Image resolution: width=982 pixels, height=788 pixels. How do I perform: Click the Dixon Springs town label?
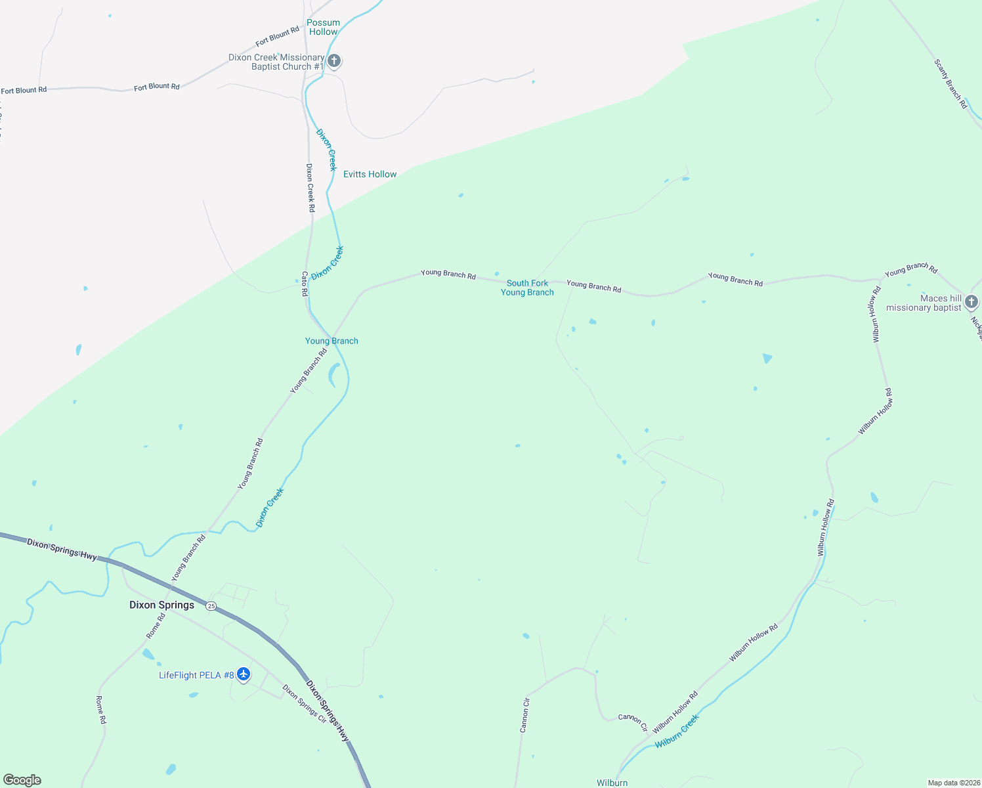click(161, 605)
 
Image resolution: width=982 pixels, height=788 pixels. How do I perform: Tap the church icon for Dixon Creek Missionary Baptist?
click(334, 62)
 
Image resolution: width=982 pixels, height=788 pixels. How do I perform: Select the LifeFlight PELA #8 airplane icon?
click(244, 674)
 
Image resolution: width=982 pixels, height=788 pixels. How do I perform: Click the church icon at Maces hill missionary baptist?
click(971, 302)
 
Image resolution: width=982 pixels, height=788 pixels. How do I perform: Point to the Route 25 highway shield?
click(211, 605)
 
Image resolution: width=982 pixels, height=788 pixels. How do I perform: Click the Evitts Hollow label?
click(370, 174)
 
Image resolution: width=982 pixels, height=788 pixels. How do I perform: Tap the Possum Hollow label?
click(323, 27)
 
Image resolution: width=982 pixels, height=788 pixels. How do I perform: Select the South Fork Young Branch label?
click(527, 288)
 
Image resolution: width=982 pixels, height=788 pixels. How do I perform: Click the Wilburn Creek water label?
click(677, 731)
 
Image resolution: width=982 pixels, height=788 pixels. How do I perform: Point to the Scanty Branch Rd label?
click(950, 83)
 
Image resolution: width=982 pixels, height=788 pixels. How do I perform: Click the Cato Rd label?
click(305, 284)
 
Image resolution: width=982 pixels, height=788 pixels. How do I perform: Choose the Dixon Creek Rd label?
click(310, 188)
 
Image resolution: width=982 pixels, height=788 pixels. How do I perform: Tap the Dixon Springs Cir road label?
click(304, 703)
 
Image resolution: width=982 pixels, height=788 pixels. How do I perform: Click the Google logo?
click(22, 780)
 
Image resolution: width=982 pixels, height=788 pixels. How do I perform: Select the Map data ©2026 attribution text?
click(953, 783)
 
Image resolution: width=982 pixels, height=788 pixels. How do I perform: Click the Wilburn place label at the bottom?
click(612, 783)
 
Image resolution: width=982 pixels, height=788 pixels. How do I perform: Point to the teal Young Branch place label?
click(331, 341)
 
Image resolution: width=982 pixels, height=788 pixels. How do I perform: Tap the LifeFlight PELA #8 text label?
click(196, 675)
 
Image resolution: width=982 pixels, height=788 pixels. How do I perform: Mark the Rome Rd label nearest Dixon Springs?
click(156, 626)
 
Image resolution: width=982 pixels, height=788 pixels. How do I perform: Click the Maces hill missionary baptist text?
click(924, 303)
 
